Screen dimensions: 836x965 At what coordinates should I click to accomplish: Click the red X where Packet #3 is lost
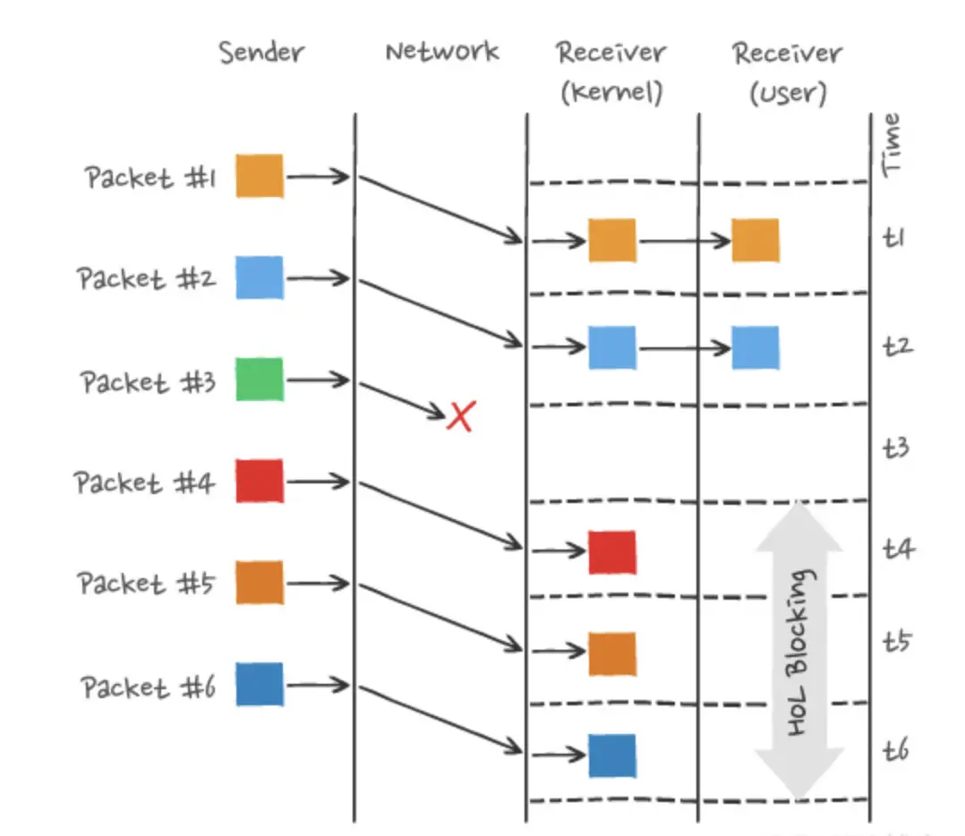click(x=460, y=416)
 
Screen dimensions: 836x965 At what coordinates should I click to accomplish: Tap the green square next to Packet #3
click(x=260, y=380)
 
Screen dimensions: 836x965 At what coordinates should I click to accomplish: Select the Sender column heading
click(x=261, y=52)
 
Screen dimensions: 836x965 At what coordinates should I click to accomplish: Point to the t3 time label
click(x=897, y=446)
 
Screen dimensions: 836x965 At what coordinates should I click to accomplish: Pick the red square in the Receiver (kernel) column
click(x=612, y=552)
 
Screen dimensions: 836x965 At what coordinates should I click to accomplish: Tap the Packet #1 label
click(x=150, y=177)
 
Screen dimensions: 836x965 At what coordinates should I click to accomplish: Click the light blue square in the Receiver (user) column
click(x=755, y=347)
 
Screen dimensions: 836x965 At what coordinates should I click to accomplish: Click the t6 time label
click(x=897, y=749)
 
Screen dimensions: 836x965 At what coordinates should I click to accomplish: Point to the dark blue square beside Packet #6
click(x=260, y=685)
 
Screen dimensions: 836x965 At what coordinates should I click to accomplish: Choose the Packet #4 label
click(x=145, y=483)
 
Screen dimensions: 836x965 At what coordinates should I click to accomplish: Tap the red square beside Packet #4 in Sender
click(x=260, y=481)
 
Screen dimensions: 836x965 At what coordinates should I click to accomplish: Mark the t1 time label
click(x=895, y=238)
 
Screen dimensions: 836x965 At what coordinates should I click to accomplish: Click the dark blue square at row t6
click(x=612, y=755)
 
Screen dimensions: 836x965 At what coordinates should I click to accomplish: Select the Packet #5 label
click(x=145, y=584)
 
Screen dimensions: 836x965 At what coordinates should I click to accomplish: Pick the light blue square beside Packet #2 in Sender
click(x=260, y=277)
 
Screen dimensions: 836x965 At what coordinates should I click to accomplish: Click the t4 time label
click(x=897, y=547)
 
